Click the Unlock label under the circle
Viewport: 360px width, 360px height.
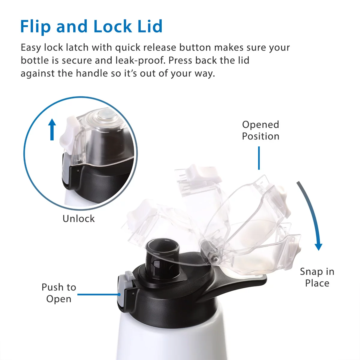(79, 218)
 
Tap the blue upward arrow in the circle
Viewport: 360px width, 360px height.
(52, 129)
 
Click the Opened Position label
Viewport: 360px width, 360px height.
(260, 130)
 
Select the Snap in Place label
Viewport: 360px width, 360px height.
(317, 277)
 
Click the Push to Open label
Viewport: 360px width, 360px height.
(59, 293)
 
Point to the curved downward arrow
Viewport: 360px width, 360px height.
(312, 216)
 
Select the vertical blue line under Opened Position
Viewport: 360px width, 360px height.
(259, 158)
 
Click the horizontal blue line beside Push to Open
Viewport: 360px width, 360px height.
(98, 294)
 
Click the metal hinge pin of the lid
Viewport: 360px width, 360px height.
(214, 256)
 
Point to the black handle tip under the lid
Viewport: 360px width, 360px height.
(258, 280)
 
